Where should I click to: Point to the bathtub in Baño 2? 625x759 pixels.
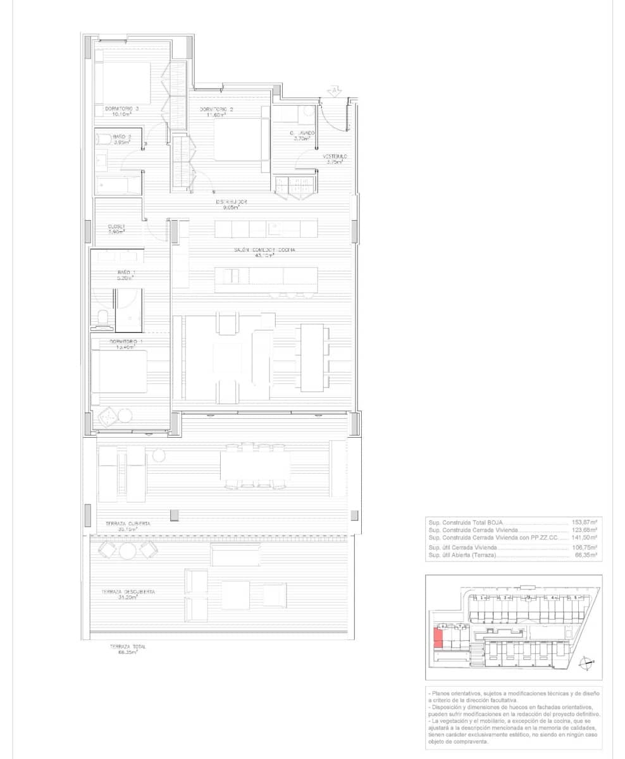tap(118, 185)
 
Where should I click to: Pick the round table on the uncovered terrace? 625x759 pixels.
tap(128, 552)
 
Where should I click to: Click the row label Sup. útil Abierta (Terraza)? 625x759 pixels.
tap(462, 555)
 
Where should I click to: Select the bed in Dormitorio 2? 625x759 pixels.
tap(238, 140)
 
